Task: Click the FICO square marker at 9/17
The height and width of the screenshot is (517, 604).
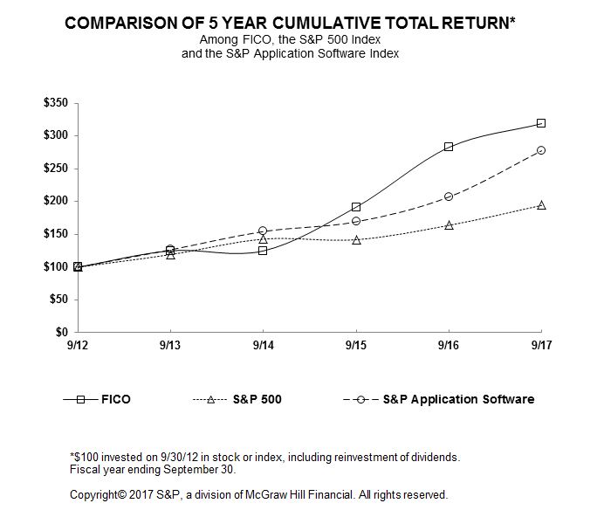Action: [x=541, y=123]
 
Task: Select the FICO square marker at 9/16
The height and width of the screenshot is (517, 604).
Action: [x=449, y=147]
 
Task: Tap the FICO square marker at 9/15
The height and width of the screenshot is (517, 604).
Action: [x=356, y=207]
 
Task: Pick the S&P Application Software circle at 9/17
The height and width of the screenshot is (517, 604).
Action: [x=541, y=150]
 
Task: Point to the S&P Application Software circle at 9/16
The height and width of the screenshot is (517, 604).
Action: [x=449, y=196]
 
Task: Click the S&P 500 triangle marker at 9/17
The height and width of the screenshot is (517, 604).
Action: [x=541, y=205]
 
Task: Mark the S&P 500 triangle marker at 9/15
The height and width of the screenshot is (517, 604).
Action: [x=356, y=239]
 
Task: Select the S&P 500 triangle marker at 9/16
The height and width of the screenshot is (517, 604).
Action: [x=449, y=225]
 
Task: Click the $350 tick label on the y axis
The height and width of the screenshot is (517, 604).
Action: [x=55, y=103]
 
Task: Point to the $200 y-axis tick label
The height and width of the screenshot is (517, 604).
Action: [x=55, y=202]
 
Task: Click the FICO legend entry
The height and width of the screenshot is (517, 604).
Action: [x=114, y=399]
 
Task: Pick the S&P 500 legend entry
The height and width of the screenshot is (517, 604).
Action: [x=257, y=399]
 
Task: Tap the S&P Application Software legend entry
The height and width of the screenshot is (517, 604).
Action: [x=458, y=399]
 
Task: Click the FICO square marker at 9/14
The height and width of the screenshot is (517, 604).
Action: [x=263, y=251]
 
